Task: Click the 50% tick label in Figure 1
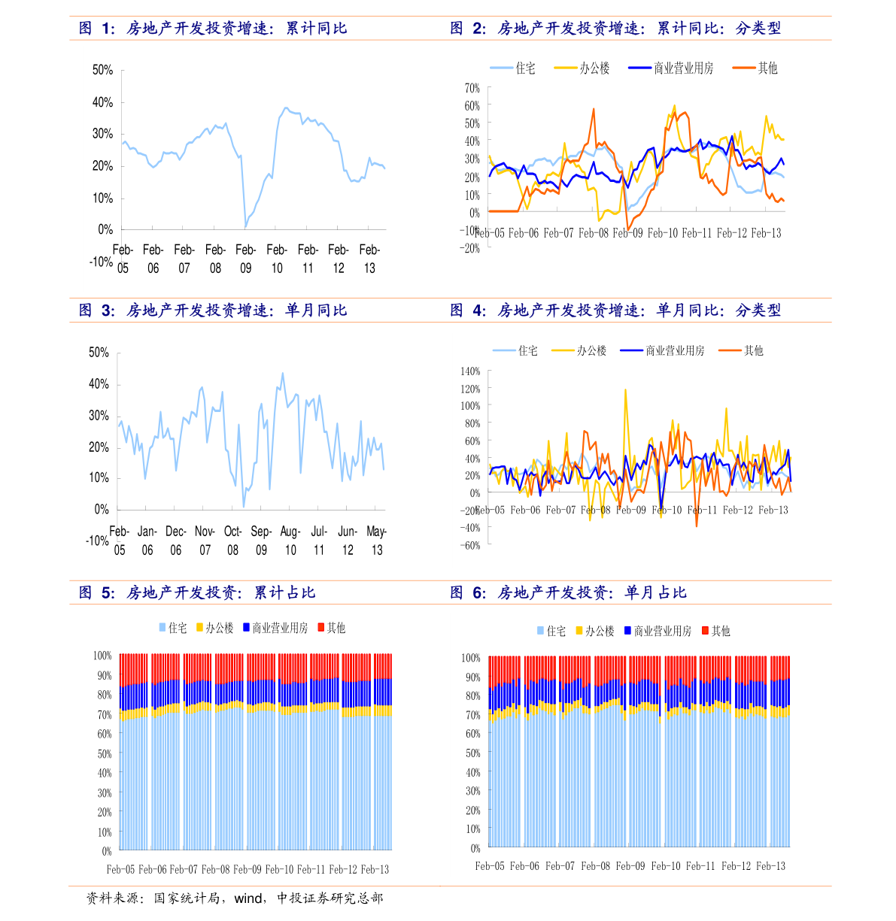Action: (102, 70)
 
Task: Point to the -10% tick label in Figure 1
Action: (101, 262)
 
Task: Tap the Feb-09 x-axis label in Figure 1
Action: (246, 259)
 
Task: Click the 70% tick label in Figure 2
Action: (472, 88)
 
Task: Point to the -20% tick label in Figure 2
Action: (471, 249)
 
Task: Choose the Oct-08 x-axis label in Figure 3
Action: (233, 541)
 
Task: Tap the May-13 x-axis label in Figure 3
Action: (377, 541)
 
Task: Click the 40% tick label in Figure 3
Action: (99, 384)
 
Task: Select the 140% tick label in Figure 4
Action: (469, 371)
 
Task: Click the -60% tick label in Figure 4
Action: (471, 545)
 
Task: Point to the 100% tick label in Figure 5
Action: (102, 656)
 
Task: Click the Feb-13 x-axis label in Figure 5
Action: (375, 869)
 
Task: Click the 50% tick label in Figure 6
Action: (472, 753)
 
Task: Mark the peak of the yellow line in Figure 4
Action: (625, 389)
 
